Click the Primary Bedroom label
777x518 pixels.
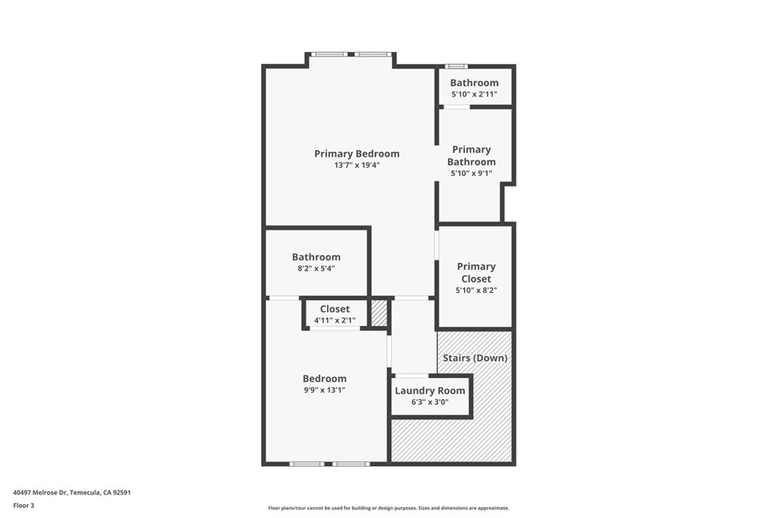[357, 154]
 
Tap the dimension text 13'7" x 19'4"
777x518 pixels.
[357, 165]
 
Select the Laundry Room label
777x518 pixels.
[429, 391]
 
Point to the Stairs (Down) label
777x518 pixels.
[475, 357]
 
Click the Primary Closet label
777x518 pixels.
[477, 272]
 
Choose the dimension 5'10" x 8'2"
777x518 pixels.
[477, 290]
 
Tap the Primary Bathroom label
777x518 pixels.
[471, 155]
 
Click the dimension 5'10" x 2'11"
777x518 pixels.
[474, 94]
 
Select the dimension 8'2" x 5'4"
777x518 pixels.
[316, 268]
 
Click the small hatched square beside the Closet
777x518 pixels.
[379, 313]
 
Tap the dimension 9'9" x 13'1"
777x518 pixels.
[325, 390]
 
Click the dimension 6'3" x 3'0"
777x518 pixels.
[429, 402]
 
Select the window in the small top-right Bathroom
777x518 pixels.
[456, 66]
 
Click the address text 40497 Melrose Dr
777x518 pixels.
[39, 493]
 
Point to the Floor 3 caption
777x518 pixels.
[24, 506]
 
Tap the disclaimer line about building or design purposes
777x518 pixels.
[388, 508]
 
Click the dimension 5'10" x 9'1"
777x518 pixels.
[471, 174]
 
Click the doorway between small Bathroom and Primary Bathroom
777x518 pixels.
[456, 106]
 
